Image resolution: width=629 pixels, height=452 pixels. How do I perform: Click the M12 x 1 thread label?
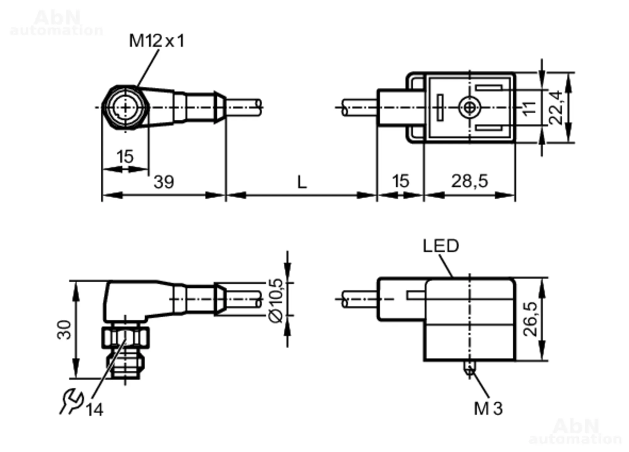[157, 41]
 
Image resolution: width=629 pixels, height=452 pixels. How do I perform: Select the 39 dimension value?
[164, 182]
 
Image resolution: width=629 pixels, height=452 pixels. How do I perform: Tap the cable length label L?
[302, 182]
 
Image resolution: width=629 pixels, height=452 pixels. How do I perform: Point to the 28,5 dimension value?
[470, 181]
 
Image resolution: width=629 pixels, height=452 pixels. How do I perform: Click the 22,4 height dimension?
[555, 107]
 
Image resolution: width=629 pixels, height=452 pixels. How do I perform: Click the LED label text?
[441, 246]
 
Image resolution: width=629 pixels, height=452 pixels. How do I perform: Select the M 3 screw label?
[488, 408]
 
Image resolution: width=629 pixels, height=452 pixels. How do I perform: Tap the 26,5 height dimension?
[531, 319]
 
